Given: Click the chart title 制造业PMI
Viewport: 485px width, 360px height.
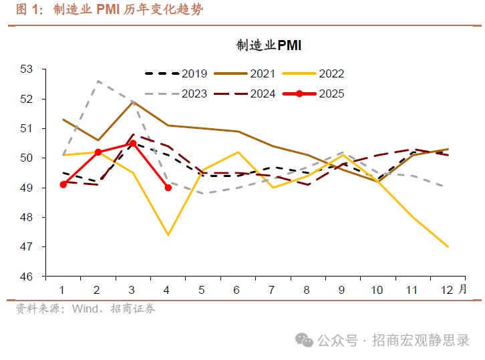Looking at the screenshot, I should tap(269, 45).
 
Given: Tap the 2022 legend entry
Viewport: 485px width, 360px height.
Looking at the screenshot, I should tap(332, 74).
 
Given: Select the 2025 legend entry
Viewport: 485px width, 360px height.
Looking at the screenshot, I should tap(332, 94).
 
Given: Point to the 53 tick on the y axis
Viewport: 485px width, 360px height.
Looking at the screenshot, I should tap(27, 69).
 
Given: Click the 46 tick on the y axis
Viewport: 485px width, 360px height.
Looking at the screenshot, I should tap(27, 277).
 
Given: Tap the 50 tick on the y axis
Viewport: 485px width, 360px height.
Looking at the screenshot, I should tap(27, 158).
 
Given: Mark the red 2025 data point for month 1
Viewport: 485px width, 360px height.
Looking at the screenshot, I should tap(63, 184).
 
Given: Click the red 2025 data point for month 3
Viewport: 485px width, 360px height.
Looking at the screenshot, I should tap(133, 143).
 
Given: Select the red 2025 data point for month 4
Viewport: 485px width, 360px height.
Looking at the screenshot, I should tap(168, 188).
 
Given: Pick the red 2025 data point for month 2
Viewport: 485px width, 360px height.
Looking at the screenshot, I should tap(98, 152).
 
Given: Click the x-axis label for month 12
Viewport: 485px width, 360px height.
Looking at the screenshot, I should tap(446, 290).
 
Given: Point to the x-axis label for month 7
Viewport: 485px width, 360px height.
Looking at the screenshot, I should tap(272, 290).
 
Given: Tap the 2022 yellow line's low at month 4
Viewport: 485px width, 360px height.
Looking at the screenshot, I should tap(168, 235).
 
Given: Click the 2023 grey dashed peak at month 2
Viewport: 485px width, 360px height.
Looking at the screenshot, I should tap(98, 81).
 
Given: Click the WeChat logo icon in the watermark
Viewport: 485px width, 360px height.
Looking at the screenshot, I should tap(305, 341).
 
